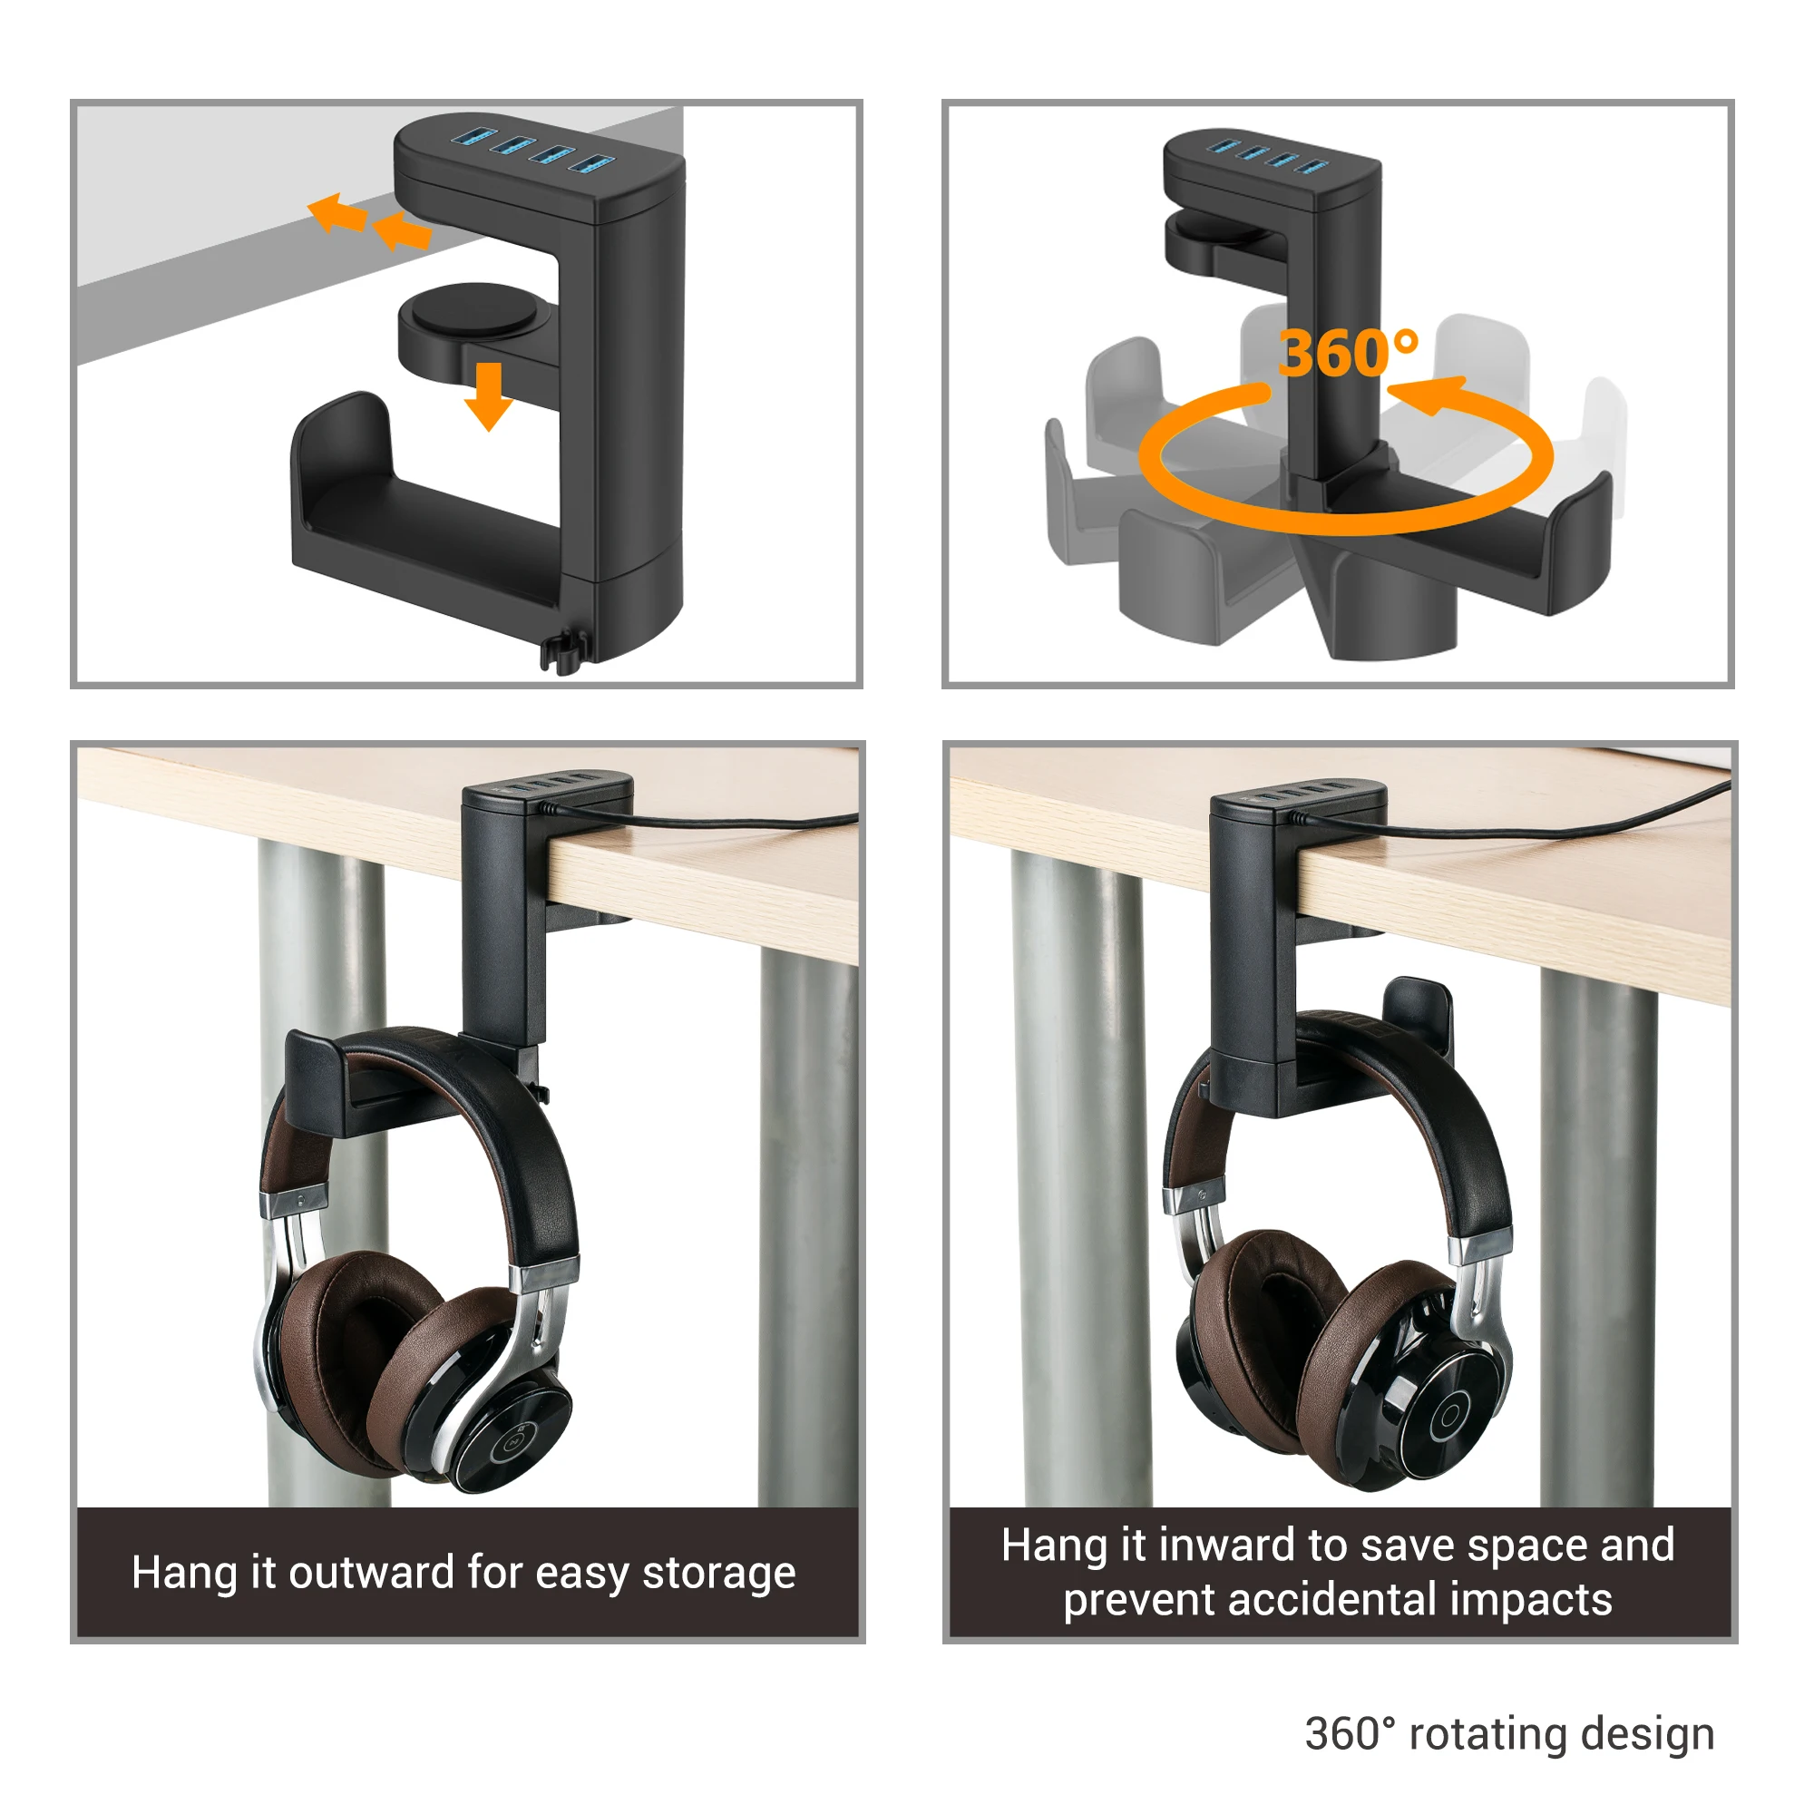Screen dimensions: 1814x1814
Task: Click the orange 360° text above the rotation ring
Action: coord(1348,353)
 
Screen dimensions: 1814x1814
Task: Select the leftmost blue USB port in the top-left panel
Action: coord(473,138)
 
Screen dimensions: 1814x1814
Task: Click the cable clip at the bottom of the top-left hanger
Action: coord(563,650)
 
